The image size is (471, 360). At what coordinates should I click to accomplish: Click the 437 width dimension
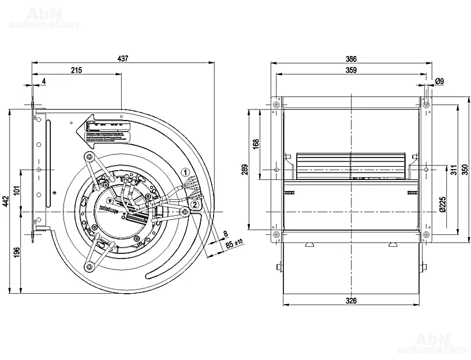(x=122, y=58)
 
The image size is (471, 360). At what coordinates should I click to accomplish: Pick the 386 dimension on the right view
(x=351, y=58)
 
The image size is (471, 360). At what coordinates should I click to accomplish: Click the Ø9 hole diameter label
(x=439, y=81)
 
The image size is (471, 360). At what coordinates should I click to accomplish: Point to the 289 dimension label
(x=245, y=170)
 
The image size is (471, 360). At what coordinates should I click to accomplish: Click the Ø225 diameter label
(x=442, y=204)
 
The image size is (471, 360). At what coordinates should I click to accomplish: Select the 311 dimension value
(x=454, y=170)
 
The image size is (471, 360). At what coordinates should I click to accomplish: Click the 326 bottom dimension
(x=351, y=300)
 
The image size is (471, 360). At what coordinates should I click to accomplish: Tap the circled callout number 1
(x=185, y=172)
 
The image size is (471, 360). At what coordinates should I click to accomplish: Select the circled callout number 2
(x=195, y=204)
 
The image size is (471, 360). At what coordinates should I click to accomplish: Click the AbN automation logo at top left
(x=44, y=17)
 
